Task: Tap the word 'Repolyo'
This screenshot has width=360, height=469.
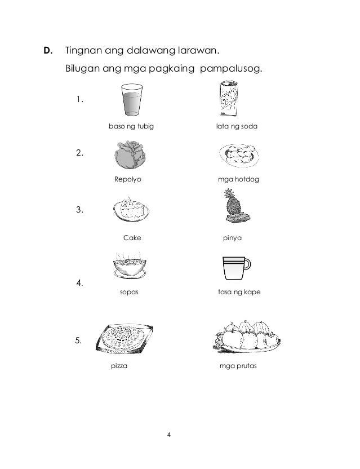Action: tap(127, 180)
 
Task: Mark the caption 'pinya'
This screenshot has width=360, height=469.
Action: tap(233, 238)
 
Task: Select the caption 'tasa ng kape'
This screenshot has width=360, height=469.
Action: tap(238, 294)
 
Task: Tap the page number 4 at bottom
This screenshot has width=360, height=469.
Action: tap(170, 435)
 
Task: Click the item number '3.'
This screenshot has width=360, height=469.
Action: tap(79, 210)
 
